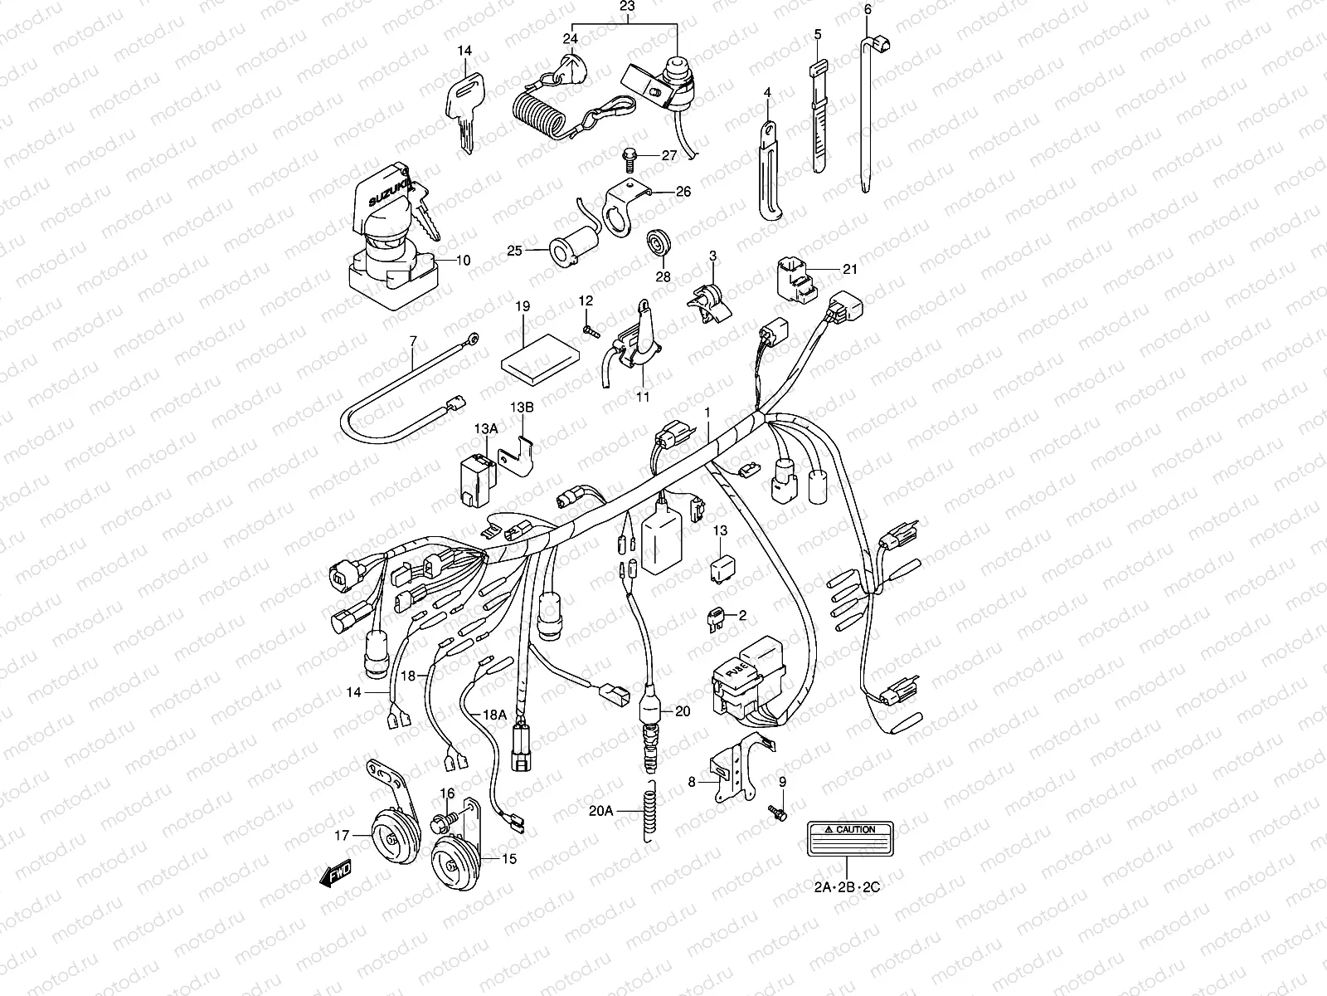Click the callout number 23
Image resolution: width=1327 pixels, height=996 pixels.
[626, 7]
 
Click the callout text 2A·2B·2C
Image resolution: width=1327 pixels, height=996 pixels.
[846, 887]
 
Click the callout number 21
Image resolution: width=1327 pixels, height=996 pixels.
[849, 269]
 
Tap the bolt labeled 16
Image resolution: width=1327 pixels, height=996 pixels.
[442, 822]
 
